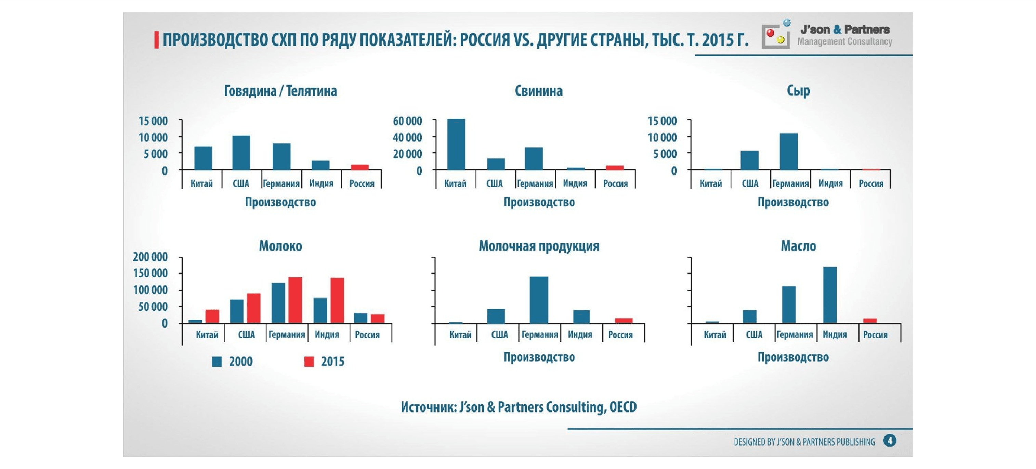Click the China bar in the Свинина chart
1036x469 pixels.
click(456, 144)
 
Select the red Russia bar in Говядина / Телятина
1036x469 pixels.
click(359, 167)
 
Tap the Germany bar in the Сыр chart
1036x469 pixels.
click(788, 151)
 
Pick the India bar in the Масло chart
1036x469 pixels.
click(830, 295)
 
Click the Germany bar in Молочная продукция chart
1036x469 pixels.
click(538, 300)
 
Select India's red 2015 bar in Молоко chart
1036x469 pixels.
click(337, 300)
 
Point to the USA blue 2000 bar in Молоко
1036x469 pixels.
click(236, 311)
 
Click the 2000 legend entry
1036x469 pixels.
click(233, 362)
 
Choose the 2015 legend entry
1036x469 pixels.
click(324, 362)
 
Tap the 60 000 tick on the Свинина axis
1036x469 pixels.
click(407, 121)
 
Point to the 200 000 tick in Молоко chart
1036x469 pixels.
click(150, 256)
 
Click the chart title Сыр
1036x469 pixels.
click(798, 91)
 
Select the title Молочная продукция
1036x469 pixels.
click(538, 246)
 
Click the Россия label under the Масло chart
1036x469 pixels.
click(875, 334)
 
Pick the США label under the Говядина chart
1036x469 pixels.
click(240, 183)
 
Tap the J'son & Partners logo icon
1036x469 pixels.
click(776, 35)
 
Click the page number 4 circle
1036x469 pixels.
click(890, 441)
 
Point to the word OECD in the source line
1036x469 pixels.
click(622, 407)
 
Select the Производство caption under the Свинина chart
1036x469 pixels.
click(539, 202)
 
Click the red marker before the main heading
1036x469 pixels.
click(156, 40)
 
